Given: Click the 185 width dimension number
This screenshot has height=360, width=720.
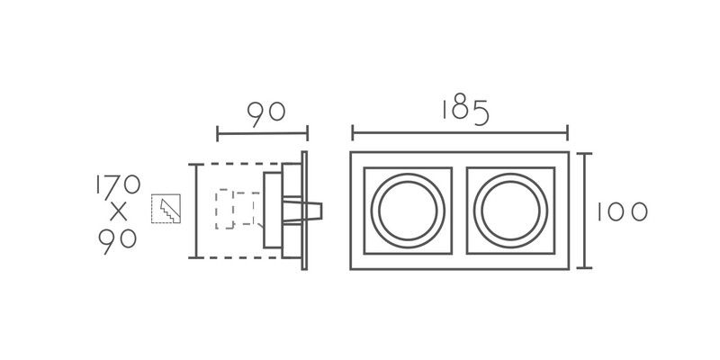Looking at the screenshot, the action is coord(464,112).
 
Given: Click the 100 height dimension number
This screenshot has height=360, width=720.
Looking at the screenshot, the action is coord(622,212).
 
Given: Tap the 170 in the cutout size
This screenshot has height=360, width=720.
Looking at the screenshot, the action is coord(118,184).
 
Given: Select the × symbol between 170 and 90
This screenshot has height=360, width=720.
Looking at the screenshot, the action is coord(119,211).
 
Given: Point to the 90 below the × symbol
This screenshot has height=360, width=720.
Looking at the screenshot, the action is coord(118,240).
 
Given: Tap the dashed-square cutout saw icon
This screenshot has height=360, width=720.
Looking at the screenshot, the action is coord(166,209).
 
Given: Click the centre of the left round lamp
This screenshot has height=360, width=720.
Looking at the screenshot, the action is coord(408,211).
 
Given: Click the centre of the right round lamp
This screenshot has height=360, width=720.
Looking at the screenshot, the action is coord(510,211).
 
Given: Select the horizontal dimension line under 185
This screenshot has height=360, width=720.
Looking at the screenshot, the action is coord(460,133).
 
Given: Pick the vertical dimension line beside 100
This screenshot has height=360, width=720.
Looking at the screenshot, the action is coord(584,211).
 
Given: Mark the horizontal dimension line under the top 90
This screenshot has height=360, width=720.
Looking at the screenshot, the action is coord(262,133).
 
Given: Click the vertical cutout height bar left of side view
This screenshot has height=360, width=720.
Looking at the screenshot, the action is coord(196,211).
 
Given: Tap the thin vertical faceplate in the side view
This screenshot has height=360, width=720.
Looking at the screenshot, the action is coord(304,211).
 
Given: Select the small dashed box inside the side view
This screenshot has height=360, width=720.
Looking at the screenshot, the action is coord(224,209).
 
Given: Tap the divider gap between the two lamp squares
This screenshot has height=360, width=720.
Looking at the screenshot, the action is coord(460,211).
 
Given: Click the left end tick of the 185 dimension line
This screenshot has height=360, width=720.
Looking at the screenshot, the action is coord(352,133).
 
